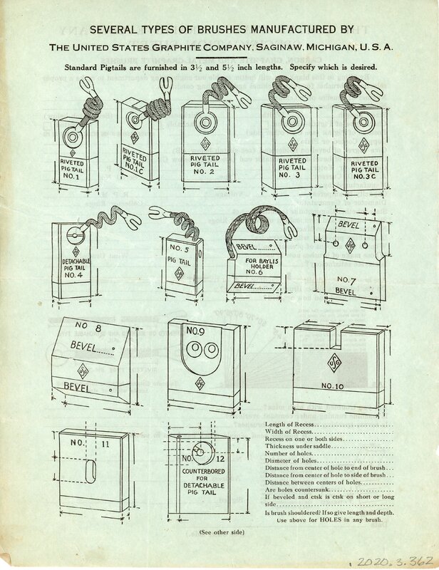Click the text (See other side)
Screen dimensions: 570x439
(x=214, y=533)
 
